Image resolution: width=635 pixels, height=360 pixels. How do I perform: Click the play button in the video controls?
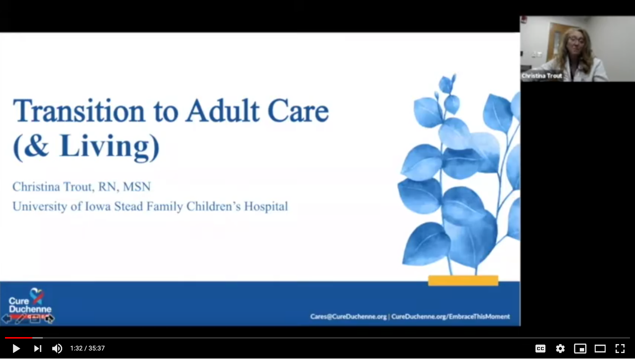click(x=16, y=349)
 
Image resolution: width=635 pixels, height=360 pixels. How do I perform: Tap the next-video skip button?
click(x=38, y=349)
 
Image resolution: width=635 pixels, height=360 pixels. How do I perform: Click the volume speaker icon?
click(x=57, y=349)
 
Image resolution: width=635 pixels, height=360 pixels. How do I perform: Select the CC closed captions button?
click(x=540, y=349)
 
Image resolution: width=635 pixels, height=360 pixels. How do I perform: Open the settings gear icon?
click(x=560, y=349)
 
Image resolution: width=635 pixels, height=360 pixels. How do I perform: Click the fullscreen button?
click(x=620, y=349)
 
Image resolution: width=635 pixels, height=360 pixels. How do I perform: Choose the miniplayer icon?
click(x=580, y=349)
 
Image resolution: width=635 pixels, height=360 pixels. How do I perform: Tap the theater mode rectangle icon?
click(x=600, y=349)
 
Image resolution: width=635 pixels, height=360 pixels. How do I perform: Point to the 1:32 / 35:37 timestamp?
click(x=88, y=349)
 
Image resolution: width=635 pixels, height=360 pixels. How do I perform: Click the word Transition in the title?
click(x=79, y=111)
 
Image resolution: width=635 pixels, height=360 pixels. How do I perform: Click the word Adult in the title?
click(x=222, y=111)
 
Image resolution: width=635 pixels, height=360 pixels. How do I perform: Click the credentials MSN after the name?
click(x=137, y=187)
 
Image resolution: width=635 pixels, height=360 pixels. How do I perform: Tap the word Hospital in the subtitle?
click(x=266, y=207)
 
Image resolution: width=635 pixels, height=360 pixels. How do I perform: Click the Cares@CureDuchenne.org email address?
click(x=348, y=317)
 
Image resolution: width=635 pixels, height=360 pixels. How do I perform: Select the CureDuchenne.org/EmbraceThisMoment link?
click(x=450, y=317)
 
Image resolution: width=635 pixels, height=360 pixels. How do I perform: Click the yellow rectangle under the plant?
click(x=463, y=280)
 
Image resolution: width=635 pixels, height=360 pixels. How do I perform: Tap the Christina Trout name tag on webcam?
click(x=541, y=76)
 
